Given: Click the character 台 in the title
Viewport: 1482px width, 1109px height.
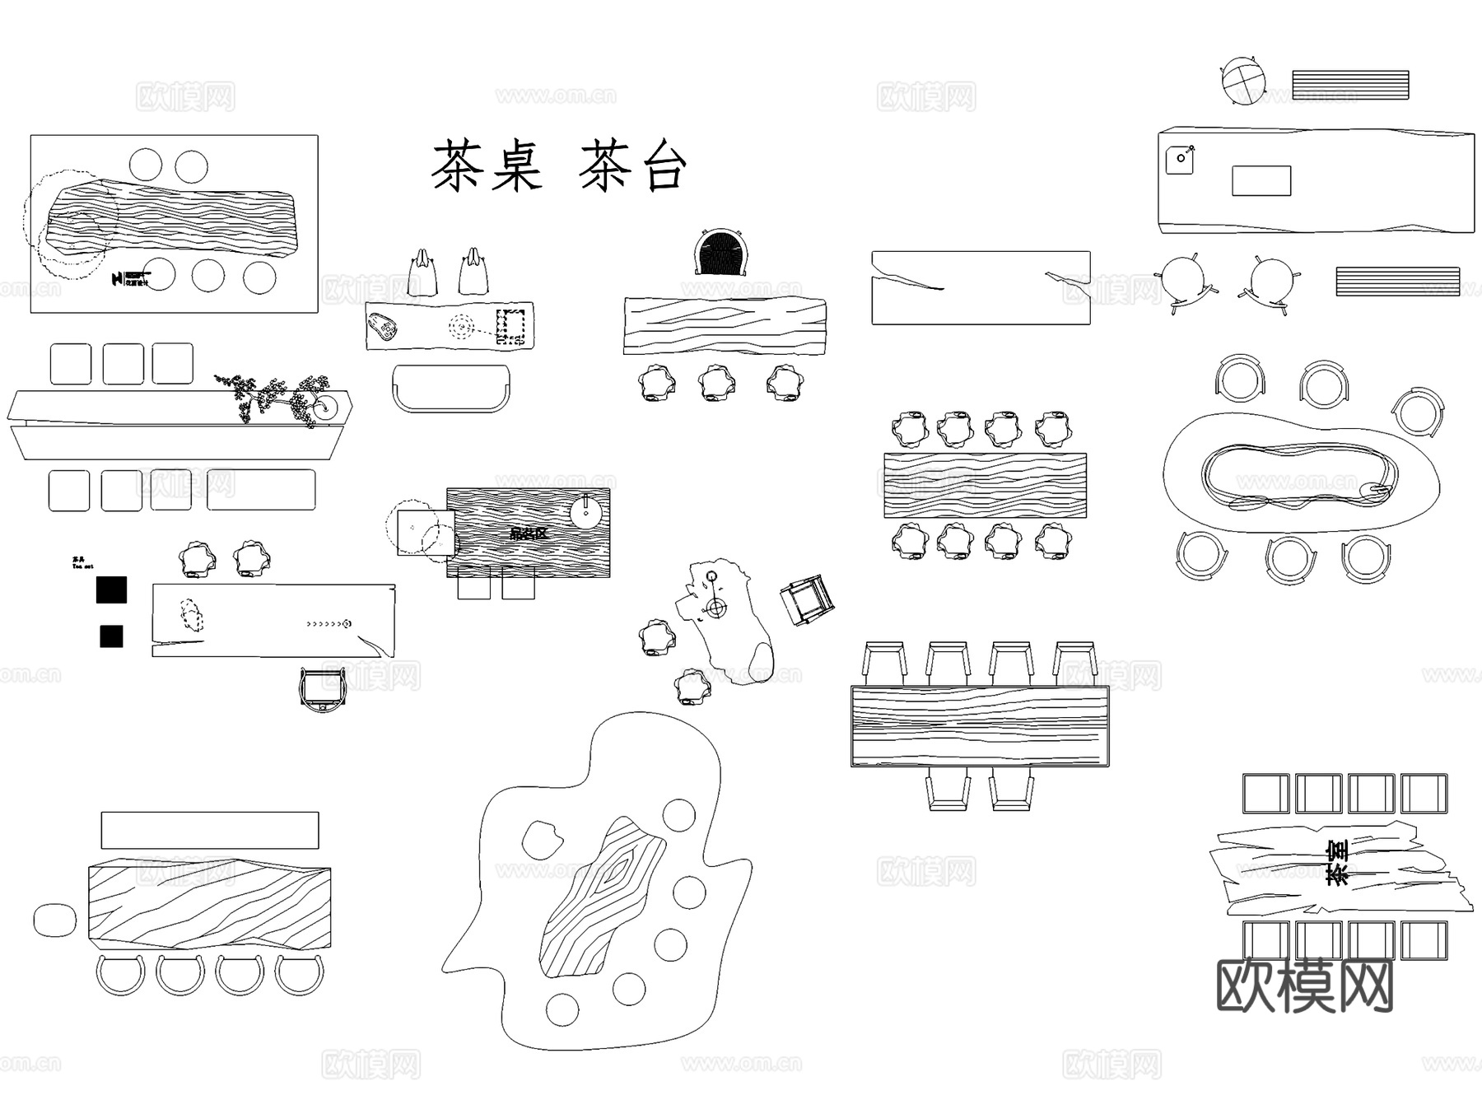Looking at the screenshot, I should [x=655, y=166].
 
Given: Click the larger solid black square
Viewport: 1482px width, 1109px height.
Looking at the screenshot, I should [x=111, y=589].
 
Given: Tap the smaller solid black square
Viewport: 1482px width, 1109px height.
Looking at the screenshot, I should [x=111, y=636].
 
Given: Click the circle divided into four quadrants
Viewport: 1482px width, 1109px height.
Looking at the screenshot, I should [x=1242, y=81].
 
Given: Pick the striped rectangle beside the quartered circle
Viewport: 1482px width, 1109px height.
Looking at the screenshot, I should [x=1350, y=85].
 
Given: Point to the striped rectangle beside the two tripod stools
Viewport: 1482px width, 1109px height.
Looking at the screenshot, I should [x=1397, y=281].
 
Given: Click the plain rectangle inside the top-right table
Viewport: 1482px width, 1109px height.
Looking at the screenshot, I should [x=1261, y=180].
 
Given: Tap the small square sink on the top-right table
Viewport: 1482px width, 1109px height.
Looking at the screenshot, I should [x=1179, y=160].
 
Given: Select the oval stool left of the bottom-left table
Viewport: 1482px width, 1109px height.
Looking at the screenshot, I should [x=54, y=920].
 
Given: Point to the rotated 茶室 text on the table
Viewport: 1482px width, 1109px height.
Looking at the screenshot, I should [x=1337, y=862].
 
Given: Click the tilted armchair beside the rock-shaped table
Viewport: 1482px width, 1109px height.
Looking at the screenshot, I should [x=807, y=599].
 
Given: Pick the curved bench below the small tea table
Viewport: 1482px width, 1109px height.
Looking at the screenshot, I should [x=451, y=388].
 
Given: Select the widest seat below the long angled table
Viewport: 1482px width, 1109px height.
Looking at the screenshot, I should [x=261, y=490].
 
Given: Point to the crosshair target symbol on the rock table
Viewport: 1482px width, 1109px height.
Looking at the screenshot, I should [x=716, y=608].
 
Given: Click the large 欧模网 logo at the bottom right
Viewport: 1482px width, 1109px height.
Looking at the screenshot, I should [x=1304, y=986].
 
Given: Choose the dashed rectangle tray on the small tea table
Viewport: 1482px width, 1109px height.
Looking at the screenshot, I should [x=510, y=327].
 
